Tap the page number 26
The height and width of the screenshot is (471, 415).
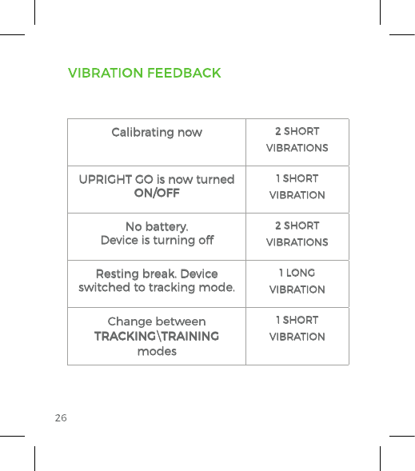pos(61,418)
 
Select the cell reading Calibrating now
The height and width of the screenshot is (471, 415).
pos(157,132)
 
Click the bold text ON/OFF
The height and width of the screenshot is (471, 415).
pos(157,194)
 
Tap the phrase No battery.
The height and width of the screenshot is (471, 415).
pos(157,226)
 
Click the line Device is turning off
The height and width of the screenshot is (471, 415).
pos(157,241)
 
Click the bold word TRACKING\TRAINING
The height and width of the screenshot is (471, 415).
pos(157,336)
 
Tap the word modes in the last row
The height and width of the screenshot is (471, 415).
pos(157,351)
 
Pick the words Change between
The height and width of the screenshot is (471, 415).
pos(157,321)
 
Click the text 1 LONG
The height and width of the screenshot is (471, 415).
pos(297,273)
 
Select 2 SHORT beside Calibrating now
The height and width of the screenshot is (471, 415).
pos(297,131)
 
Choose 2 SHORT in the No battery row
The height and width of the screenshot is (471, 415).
pos(297,226)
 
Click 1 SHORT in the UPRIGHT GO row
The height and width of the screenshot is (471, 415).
pos(297,179)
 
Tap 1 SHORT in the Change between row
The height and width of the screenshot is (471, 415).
pos(297,321)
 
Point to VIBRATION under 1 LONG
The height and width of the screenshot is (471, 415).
pos(297,289)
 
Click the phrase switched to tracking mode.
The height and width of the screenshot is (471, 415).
pos(157,288)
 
